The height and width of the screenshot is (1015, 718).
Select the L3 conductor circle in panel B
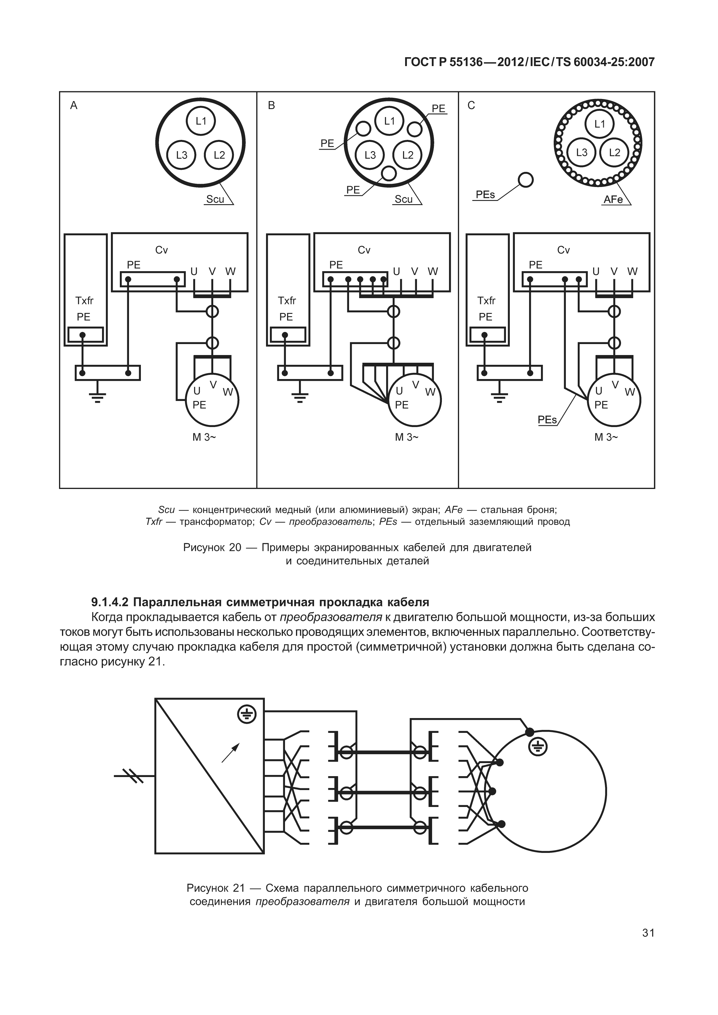tap(370, 155)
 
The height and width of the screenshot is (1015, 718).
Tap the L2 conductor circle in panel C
tap(614, 153)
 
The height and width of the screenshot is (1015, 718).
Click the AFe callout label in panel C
tap(613, 200)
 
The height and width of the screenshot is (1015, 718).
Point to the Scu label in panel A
tap(215, 199)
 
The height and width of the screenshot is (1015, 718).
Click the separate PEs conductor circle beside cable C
tap(526, 180)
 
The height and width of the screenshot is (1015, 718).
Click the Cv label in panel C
tap(563, 250)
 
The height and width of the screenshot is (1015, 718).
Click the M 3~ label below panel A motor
tap(204, 437)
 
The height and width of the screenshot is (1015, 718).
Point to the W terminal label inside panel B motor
tap(430, 392)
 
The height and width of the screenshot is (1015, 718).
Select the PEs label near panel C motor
tap(547, 420)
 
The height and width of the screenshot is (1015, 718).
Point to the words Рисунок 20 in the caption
tap(212, 548)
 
